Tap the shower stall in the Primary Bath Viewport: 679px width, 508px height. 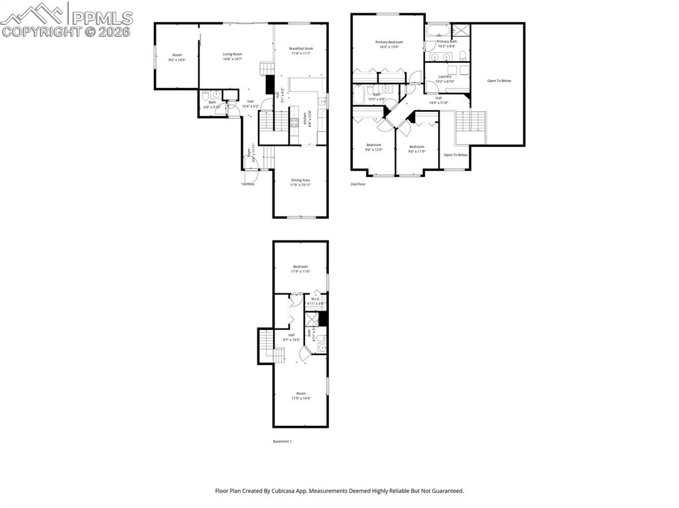(460, 30)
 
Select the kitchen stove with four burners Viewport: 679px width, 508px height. (294, 122)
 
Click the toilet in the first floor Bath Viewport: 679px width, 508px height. (206, 95)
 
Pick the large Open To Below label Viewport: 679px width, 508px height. (499, 81)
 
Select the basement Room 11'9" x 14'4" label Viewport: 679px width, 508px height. (300, 395)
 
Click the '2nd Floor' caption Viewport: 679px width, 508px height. (358, 184)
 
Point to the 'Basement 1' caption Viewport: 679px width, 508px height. (282, 441)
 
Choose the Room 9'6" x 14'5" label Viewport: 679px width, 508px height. (177, 57)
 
